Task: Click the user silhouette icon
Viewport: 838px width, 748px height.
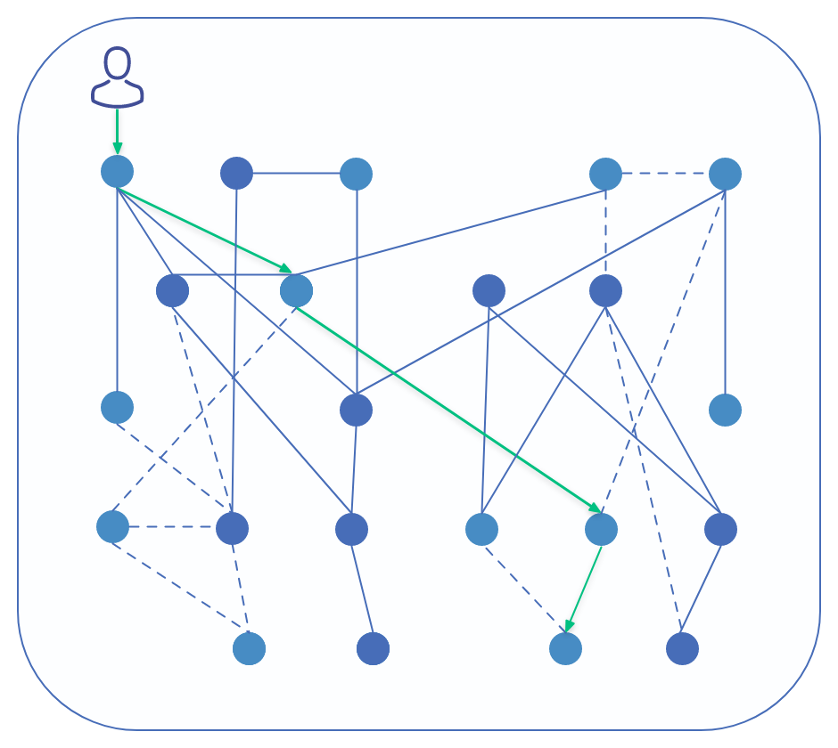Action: coord(117,78)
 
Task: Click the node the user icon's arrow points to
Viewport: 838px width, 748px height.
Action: coord(117,171)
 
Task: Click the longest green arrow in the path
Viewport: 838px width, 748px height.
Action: coord(448,410)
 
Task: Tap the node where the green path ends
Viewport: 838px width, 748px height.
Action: coord(565,648)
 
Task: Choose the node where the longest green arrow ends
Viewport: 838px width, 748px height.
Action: coord(601,529)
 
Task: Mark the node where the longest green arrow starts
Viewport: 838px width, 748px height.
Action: coord(296,290)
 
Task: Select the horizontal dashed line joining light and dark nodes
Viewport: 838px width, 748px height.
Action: coord(171,527)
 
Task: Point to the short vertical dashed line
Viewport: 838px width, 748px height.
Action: coord(605,232)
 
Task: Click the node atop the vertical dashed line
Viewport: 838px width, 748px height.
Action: coord(605,174)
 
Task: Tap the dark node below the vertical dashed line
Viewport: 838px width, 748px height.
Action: coord(605,290)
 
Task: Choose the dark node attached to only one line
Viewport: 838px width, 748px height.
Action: coord(373,648)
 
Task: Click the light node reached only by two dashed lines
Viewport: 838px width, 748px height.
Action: coord(249,648)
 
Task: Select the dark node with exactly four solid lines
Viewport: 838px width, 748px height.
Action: coord(355,410)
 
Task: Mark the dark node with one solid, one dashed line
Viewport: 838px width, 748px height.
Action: coord(682,648)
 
